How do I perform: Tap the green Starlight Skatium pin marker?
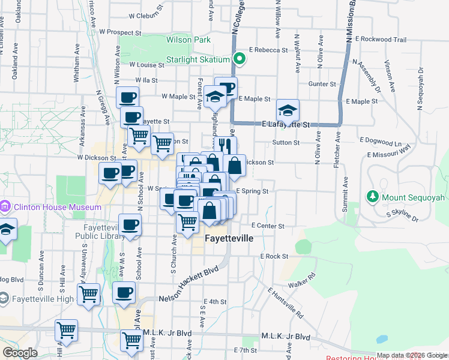tap(239, 59)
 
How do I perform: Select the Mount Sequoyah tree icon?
tap(372, 197)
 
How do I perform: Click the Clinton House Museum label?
tap(58, 207)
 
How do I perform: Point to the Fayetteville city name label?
tap(229, 238)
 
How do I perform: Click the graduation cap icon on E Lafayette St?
tap(288, 110)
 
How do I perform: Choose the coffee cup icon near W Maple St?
tap(127, 97)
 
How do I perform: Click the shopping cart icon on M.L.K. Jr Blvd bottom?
tap(131, 340)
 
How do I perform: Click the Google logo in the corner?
tap(20, 352)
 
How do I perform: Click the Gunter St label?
tap(322, 84)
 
